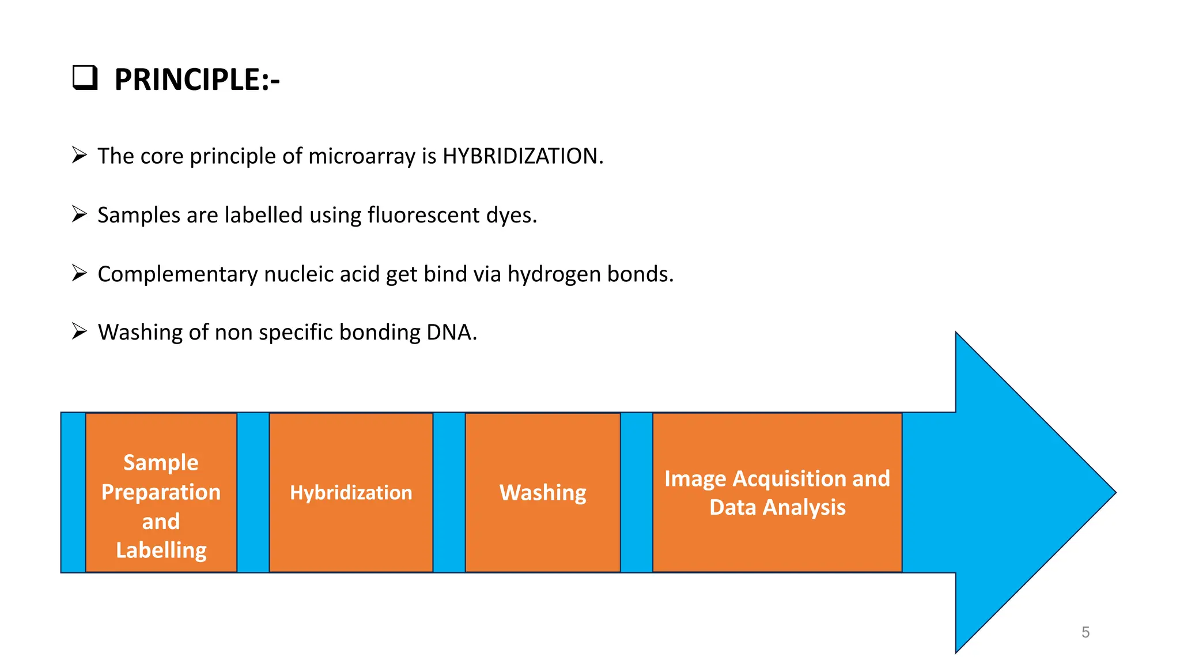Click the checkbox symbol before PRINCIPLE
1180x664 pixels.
[x=85, y=78]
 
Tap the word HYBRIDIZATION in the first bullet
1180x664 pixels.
[x=522, y=156]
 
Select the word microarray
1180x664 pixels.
[x=362, y=157]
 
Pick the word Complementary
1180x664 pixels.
[x=177, y=274]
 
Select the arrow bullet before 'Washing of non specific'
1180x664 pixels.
[x=79, y=331]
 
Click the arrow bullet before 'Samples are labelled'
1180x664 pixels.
[x=79, y=214]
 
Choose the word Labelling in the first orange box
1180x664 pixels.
[x=161, y=550]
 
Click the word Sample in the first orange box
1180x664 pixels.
[x=161, y=462]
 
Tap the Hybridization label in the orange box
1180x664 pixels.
[x=351, y=493]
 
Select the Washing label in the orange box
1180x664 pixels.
[x=543, y=493]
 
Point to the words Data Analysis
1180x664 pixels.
[x=777, y=508]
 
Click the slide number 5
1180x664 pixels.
[x=1086, y=632]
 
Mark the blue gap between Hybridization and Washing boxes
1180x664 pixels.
[x=449, y=493]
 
